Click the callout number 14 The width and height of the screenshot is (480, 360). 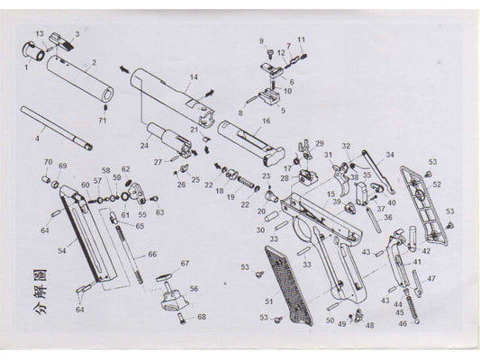193,77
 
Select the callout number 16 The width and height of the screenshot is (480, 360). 266,121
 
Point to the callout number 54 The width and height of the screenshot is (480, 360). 61,251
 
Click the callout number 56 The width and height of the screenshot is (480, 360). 192,289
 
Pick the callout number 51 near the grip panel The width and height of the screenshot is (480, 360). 268,301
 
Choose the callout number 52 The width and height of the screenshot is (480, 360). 437,184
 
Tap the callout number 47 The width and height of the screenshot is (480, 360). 431,278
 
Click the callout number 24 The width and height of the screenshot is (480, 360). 144,145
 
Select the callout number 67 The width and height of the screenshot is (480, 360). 185,263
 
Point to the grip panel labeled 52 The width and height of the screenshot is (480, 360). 426,207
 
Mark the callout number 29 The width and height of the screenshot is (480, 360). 319,143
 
